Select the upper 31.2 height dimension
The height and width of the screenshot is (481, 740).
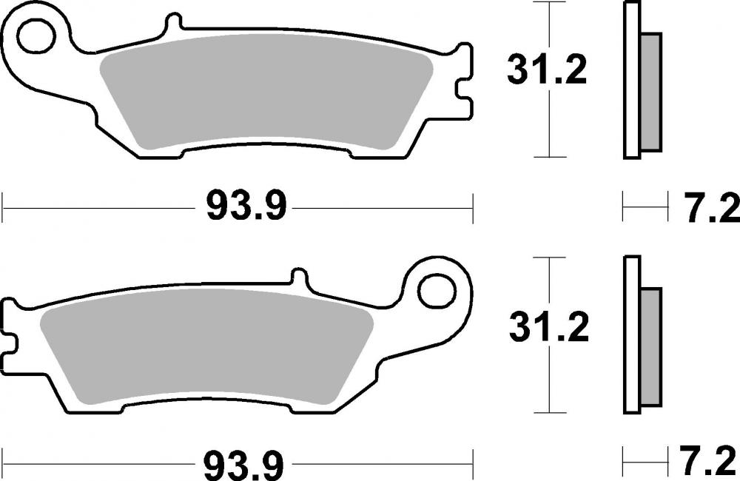tap(547, 70)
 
